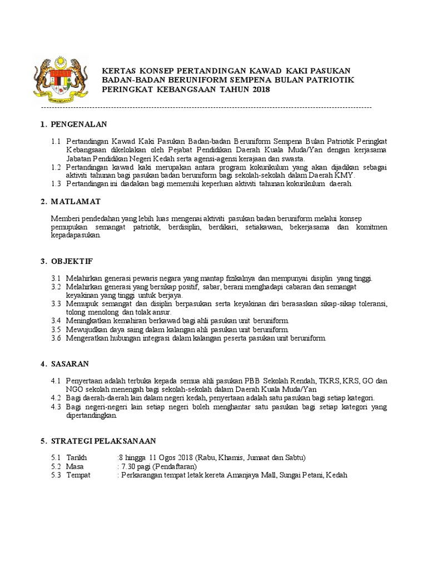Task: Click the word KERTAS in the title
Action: click(x=117, y=71)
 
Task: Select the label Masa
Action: click(x=75, y=467)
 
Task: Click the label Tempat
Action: click(x=78, y=476)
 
